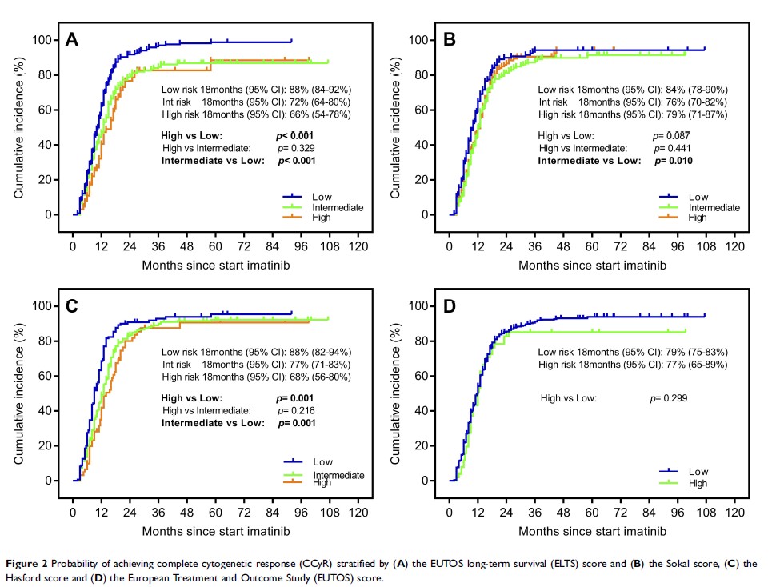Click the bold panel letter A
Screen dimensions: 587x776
click(x=72, y=39)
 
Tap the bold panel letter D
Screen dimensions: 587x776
click(x=449, y=305)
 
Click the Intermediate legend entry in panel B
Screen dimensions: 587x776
click(x=714, y=207)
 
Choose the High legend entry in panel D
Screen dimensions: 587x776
click(x=698, y=483)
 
